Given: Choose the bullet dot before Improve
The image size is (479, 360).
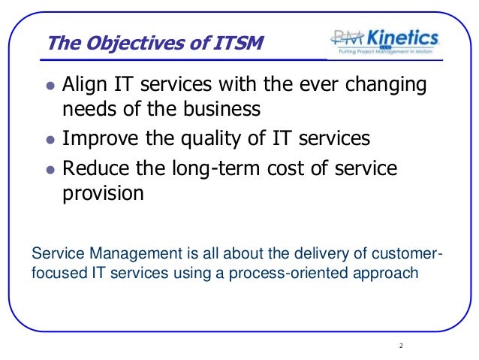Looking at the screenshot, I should tap(50, 139).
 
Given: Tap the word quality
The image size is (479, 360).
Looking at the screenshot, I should tap(198, 139).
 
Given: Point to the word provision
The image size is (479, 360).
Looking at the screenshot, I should tap(101, 194).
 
